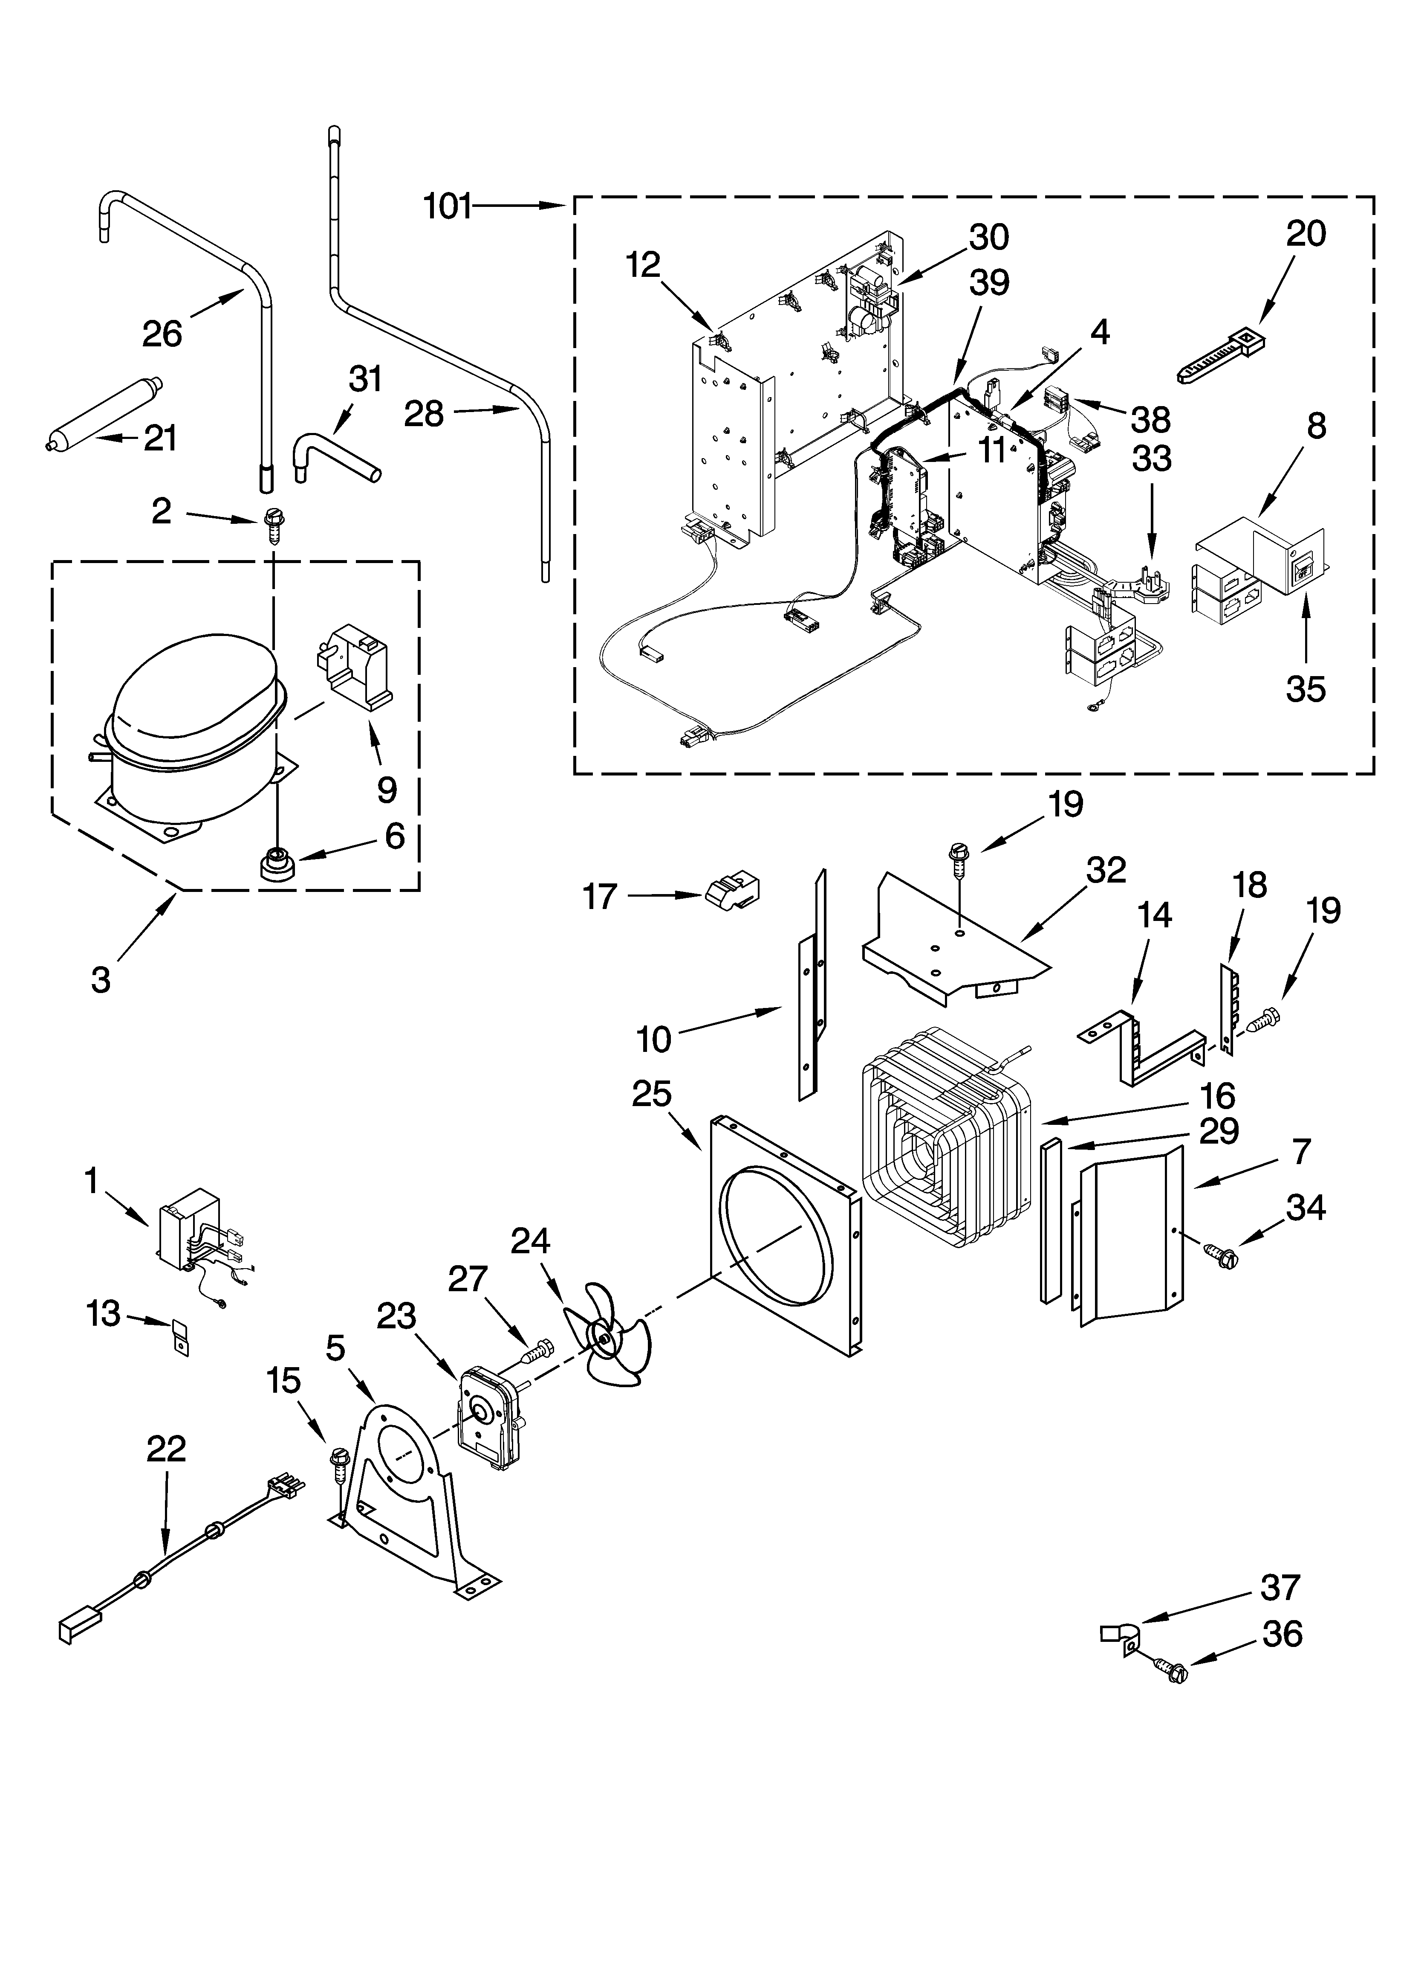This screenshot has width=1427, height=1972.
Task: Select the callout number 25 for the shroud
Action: click(652, 1094)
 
